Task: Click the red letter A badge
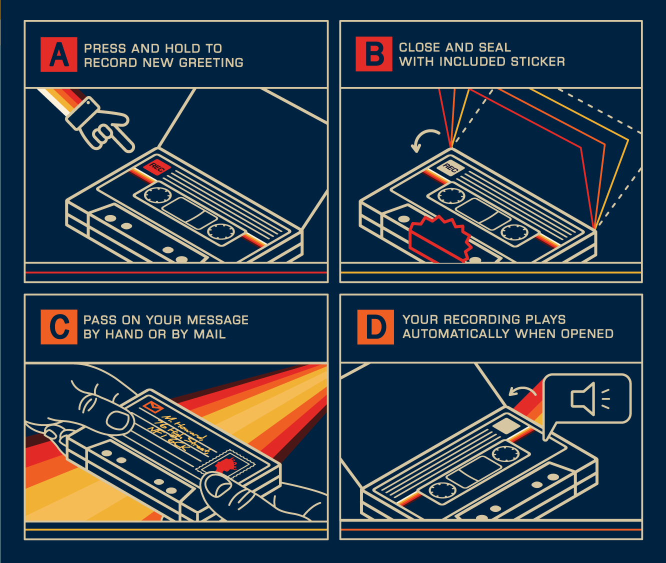coord(59,54)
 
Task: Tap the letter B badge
coord(374,54)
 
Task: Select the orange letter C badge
coord(59,327)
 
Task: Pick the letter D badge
coord(375,327)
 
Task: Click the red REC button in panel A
coord(157,168)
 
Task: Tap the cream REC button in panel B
coord(450,168)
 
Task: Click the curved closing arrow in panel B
coord(424,139)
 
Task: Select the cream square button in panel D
coord(507,425)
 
